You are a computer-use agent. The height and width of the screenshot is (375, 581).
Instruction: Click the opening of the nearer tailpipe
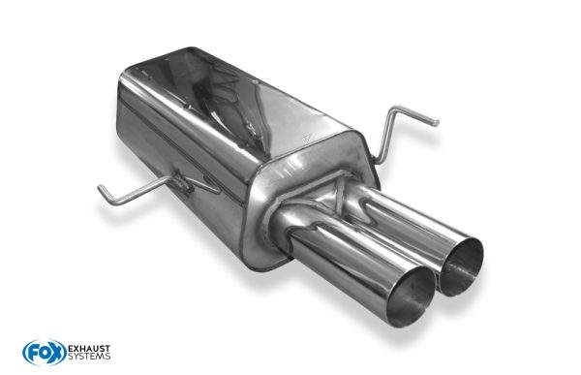(411, 297)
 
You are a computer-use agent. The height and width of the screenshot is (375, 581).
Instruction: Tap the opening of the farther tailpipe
(462, 267)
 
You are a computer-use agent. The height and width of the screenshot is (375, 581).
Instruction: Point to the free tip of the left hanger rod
(100, 187)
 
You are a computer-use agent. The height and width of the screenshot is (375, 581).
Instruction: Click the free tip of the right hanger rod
(437, 122)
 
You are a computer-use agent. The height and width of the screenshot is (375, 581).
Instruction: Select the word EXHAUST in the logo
(89, 349)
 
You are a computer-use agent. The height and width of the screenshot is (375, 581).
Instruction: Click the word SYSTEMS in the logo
(89, 357)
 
